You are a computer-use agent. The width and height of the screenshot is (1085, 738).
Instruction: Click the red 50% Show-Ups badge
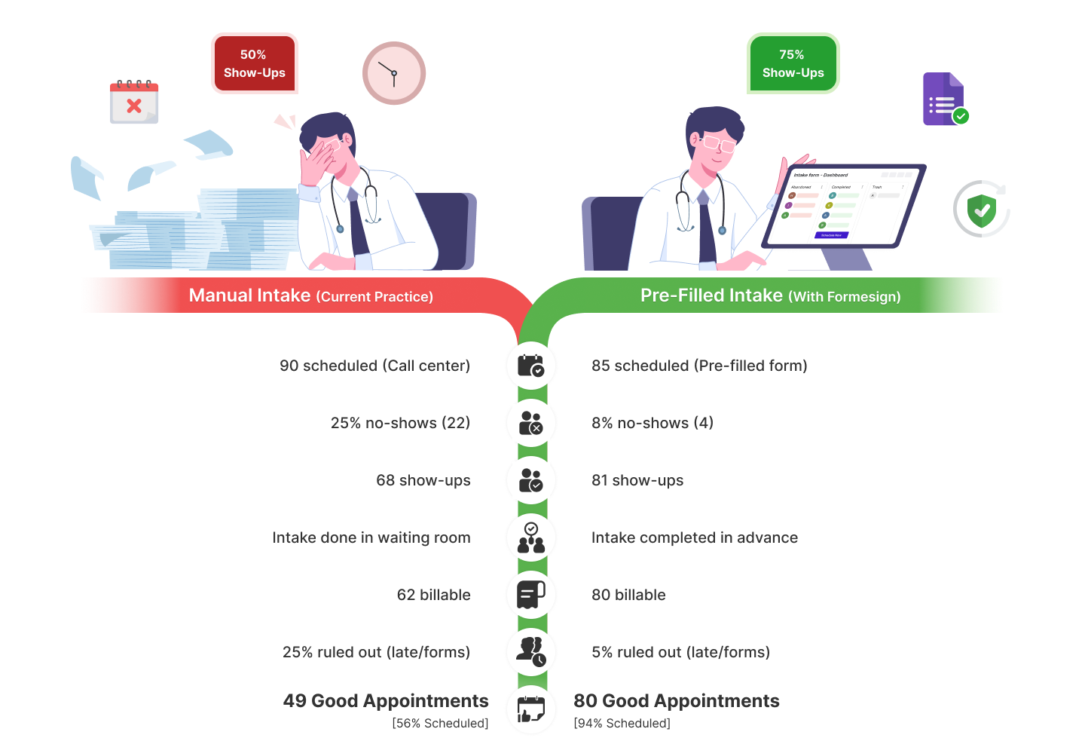254,64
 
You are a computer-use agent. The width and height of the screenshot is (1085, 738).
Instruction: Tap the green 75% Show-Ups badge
793,64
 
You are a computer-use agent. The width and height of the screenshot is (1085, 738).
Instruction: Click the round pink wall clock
394,73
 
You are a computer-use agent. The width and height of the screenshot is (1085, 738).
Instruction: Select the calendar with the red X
134,103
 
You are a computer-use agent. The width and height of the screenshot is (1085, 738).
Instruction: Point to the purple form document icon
944,100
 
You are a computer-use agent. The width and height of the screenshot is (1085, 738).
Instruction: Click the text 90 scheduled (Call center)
374,366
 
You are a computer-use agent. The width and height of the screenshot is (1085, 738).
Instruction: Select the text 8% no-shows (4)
652,423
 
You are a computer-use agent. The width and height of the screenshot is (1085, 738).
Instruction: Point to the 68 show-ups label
423,480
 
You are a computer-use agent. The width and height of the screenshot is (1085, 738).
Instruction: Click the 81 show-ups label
637,480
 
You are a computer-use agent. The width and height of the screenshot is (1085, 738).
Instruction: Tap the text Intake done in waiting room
371,537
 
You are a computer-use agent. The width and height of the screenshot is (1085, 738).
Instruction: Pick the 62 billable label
433,595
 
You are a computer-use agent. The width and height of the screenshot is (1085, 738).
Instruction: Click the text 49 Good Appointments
386,701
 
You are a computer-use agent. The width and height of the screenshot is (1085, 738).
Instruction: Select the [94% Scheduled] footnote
622,724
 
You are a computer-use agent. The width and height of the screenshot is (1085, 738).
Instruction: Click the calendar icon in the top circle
531,366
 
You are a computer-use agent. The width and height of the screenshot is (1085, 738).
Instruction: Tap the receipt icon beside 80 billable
531,595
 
